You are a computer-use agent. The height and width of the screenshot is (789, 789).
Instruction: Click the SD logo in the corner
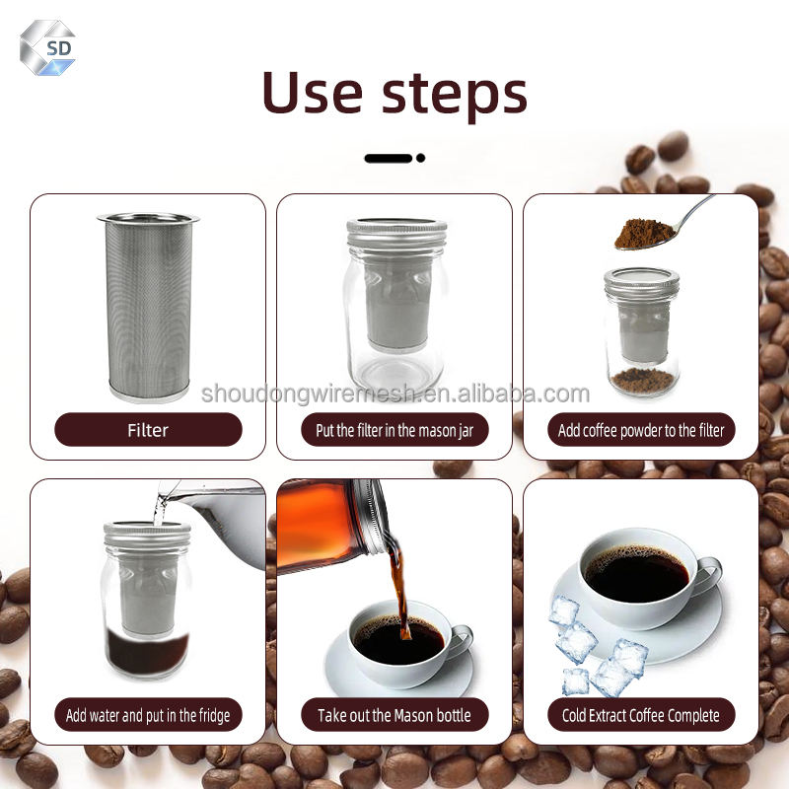pyautogui.click(x=47, y=47)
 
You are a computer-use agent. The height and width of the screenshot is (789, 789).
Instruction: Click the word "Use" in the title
pyautogui.click(x=313, y=93)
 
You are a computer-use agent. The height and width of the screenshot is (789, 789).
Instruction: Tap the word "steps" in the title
pyautogui.click(x=455, y=96)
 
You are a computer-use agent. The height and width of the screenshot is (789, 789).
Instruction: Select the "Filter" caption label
pyautogui.click(x=148, y=430)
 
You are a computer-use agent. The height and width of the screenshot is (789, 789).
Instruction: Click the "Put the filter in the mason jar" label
pyautogui.click(x=394, y=430)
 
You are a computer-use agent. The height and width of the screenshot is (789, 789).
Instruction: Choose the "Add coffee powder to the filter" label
pyautogui.click(x=641, y=430)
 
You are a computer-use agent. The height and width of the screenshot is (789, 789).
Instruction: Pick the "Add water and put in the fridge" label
pyautogui.click(x=148, y=714)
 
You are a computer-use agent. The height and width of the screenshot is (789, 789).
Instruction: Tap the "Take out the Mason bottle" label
pyautogui.click(x=394, y=714)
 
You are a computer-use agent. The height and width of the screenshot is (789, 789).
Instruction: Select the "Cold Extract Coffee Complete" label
pyautogui.click(x=641, y=714)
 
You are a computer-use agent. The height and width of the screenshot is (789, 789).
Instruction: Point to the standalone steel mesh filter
pyautogui.click(x=148, y=307)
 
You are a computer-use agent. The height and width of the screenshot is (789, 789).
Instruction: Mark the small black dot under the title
pyautogui.click(x=421, y=158)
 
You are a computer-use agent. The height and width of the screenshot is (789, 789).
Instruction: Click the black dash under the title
pyautogui.click(x=389, y=158)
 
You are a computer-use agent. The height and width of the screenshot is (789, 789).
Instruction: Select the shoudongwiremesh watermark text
pyautogui.click(x=395, y=393)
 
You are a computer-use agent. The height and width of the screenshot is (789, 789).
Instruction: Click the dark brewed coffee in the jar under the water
pyautogui.click(x=147, y=653)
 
